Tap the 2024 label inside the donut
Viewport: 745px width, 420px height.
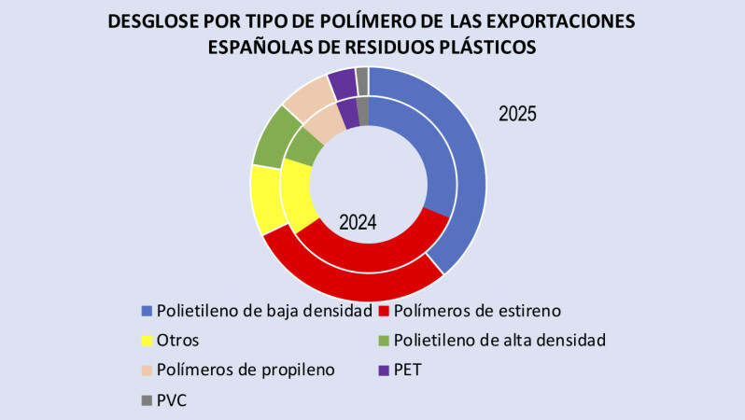point(358,223)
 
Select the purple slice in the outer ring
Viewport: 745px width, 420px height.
point(342,83)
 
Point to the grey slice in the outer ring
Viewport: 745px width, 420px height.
point(362,81)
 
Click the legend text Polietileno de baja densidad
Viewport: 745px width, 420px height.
point(264,310)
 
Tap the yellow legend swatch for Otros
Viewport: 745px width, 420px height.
point(147,340)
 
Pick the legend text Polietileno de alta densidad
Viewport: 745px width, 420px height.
point(499,340)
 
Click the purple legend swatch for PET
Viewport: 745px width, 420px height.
point(383,370)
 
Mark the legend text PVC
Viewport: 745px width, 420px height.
point(174,399)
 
